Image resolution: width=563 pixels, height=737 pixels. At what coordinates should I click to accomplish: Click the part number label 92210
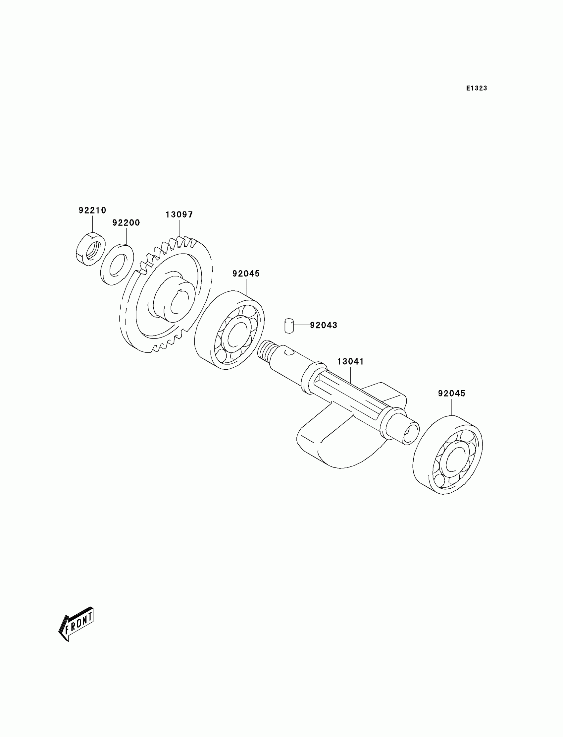[92, 210]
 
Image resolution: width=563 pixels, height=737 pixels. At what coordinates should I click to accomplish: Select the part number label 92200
[126, 223]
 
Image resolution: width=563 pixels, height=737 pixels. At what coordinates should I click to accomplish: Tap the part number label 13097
[179, 215]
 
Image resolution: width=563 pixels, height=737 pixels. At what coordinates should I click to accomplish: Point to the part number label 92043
[323, 325]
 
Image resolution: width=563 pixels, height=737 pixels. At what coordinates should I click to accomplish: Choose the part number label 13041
[350, 362]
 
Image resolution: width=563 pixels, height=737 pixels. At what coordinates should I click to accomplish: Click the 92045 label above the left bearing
[246, 274]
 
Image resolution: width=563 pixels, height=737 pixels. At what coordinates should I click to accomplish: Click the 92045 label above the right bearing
[452, 394]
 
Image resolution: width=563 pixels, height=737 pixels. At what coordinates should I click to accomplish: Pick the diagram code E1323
[477, 88]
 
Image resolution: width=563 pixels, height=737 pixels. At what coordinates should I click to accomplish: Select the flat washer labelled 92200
[117, 265]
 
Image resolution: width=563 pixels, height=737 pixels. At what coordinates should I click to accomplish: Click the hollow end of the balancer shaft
[410, 435]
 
